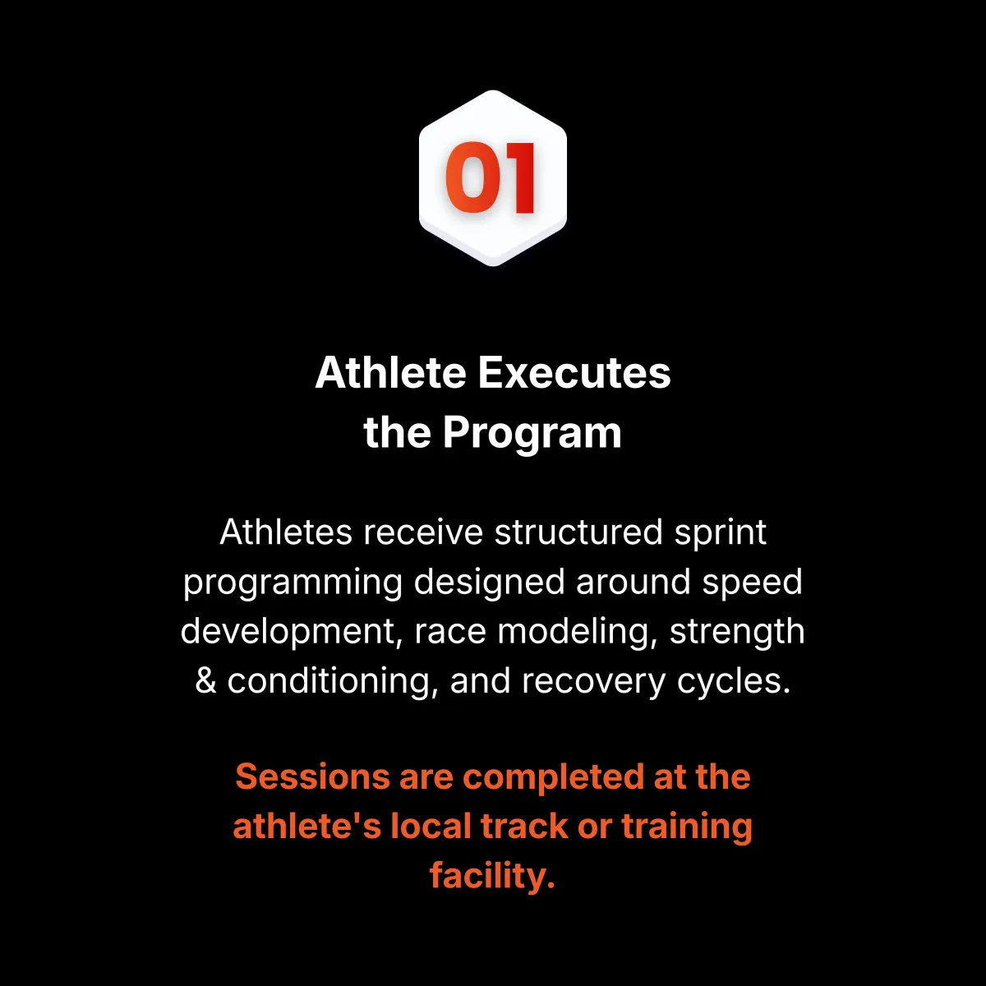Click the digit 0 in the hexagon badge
click(x=472, y=177)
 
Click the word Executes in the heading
click(x=574, y=372)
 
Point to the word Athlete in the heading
click(x=391, y=372)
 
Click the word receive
click(x=422, y=532)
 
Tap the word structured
click(x=578, y=532)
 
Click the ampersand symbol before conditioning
click(x=205, y=681)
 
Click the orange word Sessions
click(x=312, y=776)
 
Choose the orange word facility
click(x=492, y=877)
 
